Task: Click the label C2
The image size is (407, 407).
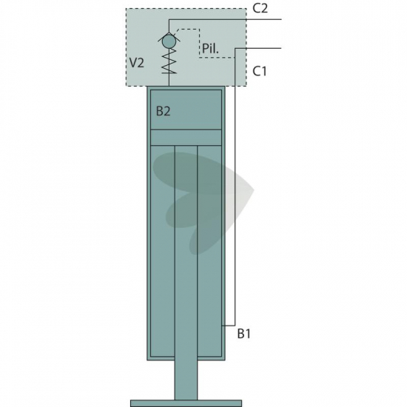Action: point(260,9)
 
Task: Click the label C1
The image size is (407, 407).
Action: point(260,71)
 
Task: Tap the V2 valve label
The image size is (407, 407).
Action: point(137,63)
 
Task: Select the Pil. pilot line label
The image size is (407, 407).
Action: point(210,48)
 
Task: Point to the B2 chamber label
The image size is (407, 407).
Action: point(164,111)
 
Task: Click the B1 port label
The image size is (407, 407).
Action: point(244,334)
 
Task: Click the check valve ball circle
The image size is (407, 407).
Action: point(169,41)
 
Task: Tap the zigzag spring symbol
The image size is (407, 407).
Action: point(169,61)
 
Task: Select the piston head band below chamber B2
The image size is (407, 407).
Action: point(186,138)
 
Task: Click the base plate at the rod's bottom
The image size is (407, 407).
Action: point(186,403)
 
